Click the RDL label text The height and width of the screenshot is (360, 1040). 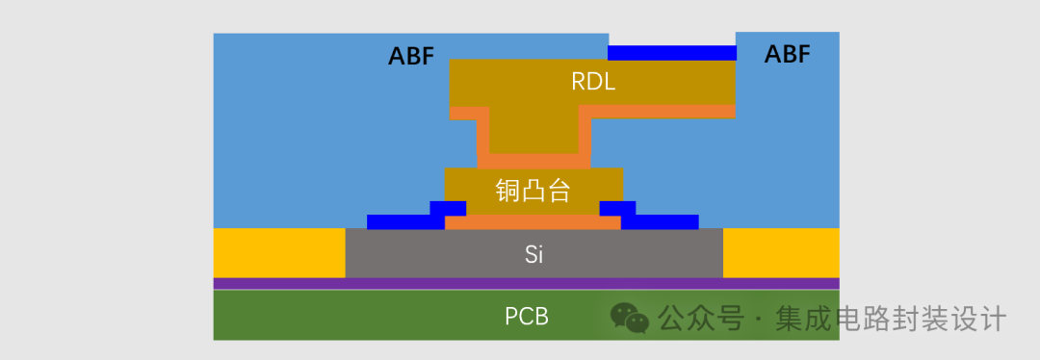pyautogui.click(x=593, y=83)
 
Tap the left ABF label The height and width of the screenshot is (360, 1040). pyautogui.click(x=411, y=56)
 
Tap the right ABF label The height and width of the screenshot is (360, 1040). pyautogui.click(x=787, y=54)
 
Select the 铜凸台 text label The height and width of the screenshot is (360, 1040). pyautogui.click(x=533, y=191)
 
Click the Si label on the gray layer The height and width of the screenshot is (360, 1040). pyautogui.click(x=534, y=255)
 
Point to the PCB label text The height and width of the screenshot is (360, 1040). pyautogui.click(x=527, y=316)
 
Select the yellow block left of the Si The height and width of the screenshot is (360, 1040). pyautogui.click(x=278, y=253)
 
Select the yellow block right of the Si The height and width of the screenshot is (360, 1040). pyautogui.click(x=780, y=253)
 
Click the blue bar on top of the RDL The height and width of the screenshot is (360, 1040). pyautogui.click(x=671, y=53)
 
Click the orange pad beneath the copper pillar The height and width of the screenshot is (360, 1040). pyautogui.click(x=533, y=222)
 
